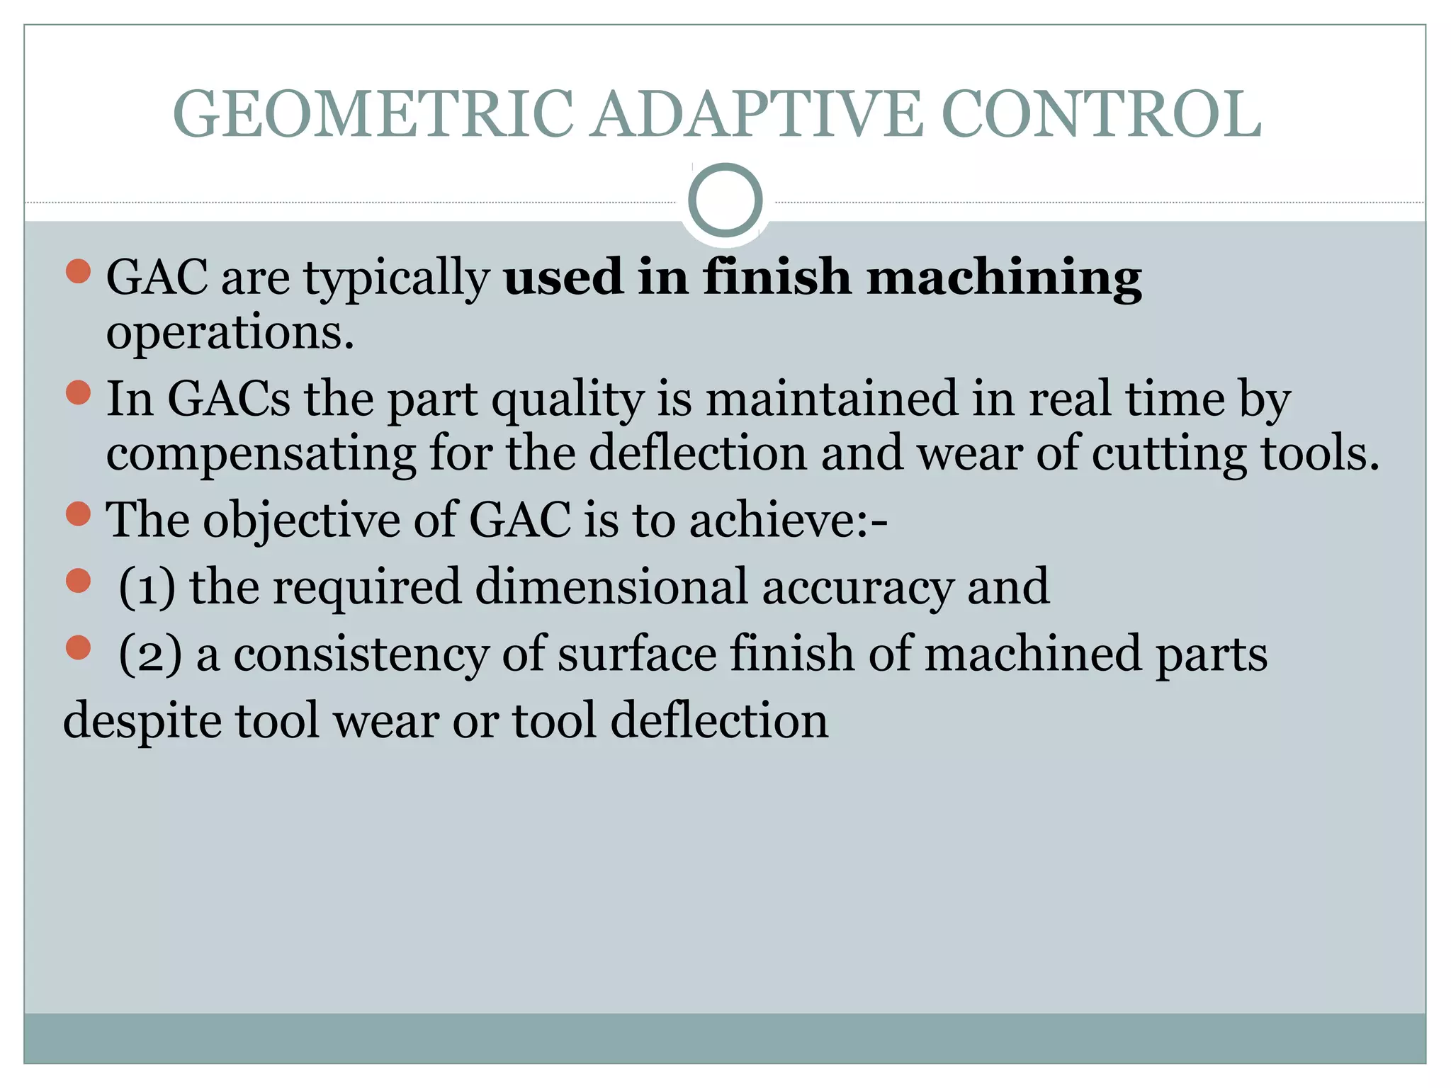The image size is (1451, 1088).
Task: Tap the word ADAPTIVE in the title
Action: coord(757,115)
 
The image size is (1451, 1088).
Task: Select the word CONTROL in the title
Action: coord(1101,115)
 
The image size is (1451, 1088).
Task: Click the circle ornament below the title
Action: coord(725,200)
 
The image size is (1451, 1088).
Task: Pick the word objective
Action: coord(302,521)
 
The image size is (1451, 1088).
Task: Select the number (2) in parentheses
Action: coord(149,654)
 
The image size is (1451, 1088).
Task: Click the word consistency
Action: coord(361,654)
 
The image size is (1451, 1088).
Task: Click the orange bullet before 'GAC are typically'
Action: coord(78,271)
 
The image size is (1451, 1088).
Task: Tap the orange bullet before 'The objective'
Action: coord(78,514)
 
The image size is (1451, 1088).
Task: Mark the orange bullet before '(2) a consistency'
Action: coord(78,647)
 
